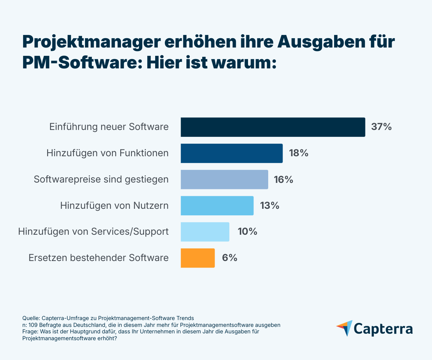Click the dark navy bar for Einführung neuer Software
click(273, 127)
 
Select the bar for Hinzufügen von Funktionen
click(231, 153)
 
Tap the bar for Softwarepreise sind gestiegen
click(224, 179)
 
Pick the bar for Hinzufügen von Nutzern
click(217, 206)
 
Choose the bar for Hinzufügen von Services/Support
click(205, 232)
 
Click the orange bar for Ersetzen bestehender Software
click(198, 258)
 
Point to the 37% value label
click(381, 127)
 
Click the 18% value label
click(298, 153)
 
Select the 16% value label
click(284, 179)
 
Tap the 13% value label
click(270, 206)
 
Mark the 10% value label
click(247, 232)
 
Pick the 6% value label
click(230, 258)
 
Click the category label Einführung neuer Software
click(109, 127)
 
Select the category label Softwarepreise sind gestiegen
click(101, 179)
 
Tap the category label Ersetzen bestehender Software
click(98, 258)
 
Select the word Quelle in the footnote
click(31, 318)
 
